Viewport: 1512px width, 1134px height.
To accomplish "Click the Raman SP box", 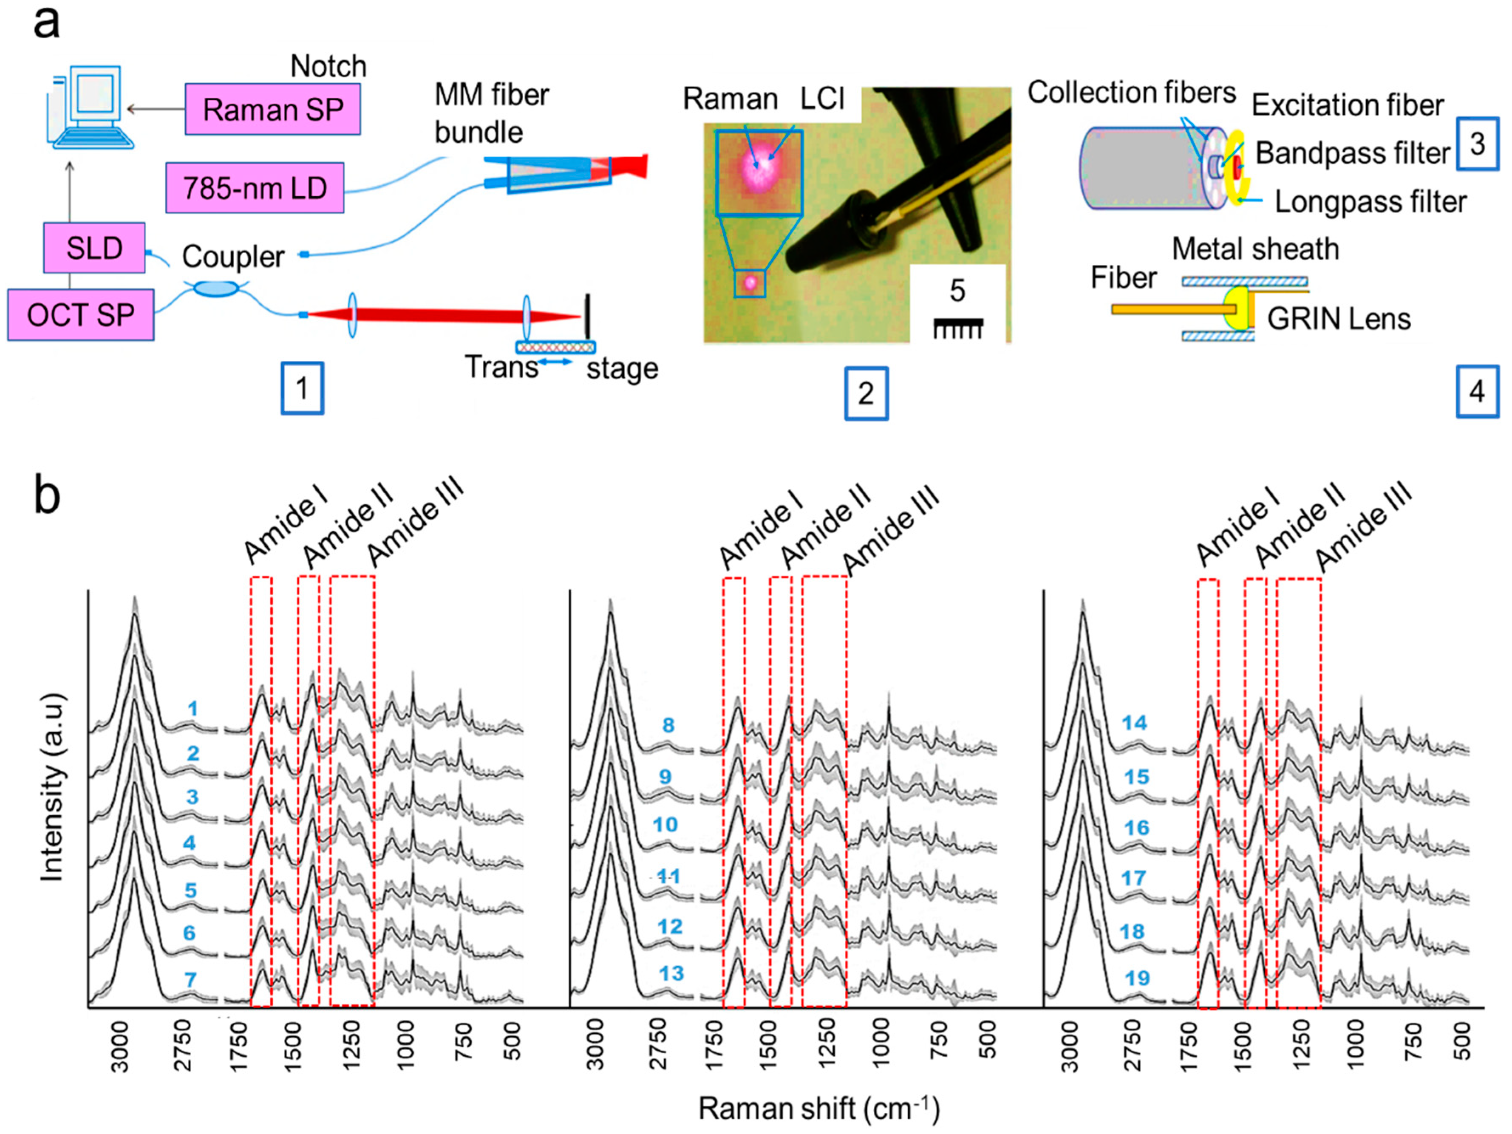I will coord(273,109).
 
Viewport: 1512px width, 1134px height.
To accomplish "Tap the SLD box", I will coord(94,247).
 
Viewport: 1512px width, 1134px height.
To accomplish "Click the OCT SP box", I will coord(81,314).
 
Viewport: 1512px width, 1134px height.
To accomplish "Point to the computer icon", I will coord(92,107).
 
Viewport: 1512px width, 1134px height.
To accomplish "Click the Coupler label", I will coord(232,257).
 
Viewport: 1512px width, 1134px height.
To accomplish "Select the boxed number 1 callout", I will coord(302,388).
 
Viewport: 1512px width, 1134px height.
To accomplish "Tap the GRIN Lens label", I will coord(1338,319).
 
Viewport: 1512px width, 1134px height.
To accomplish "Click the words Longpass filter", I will coord(1370,202).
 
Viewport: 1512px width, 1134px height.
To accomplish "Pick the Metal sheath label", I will coord(1255,249).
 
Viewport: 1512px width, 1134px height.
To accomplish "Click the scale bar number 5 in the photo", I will coord(957,291).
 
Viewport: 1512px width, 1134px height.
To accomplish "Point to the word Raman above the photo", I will coord(730,99).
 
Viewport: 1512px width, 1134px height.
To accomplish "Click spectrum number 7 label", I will coord(191,979).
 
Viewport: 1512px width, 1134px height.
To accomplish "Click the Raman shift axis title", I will coord(818,1108).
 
